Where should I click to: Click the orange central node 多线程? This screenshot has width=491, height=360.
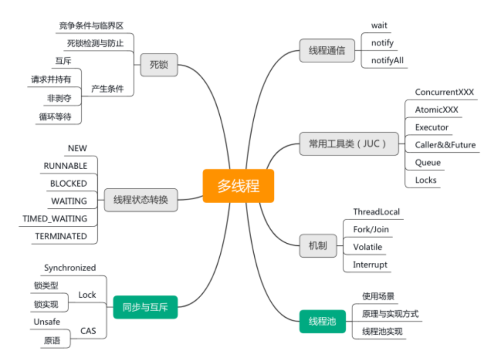pos(238,186)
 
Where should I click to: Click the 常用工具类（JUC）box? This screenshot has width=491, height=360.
pos(349,144)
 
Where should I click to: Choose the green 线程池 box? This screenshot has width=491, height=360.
pos(322,321)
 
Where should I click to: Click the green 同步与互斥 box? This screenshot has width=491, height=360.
pos(145,308)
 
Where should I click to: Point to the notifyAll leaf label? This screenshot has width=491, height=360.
pos(387,61)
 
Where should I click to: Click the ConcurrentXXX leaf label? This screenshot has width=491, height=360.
pos(444,92)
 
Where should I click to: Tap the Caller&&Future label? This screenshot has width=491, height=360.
pos(445,145)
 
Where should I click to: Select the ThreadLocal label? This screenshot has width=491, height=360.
pos(376,212)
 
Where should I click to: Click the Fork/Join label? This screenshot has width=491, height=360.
pos(371,229)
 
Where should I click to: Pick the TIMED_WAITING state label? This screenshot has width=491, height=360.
pos(55,219)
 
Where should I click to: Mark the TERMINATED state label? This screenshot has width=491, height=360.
pos(61,236)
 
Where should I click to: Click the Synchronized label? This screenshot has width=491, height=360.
pos(70,267)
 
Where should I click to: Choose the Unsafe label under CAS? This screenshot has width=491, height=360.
pos(47,321)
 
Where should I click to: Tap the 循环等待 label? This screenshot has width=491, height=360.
pos(55,117)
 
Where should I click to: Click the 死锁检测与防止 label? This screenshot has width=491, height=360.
pos(95,43)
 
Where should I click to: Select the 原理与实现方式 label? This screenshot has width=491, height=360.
pos(390,314)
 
